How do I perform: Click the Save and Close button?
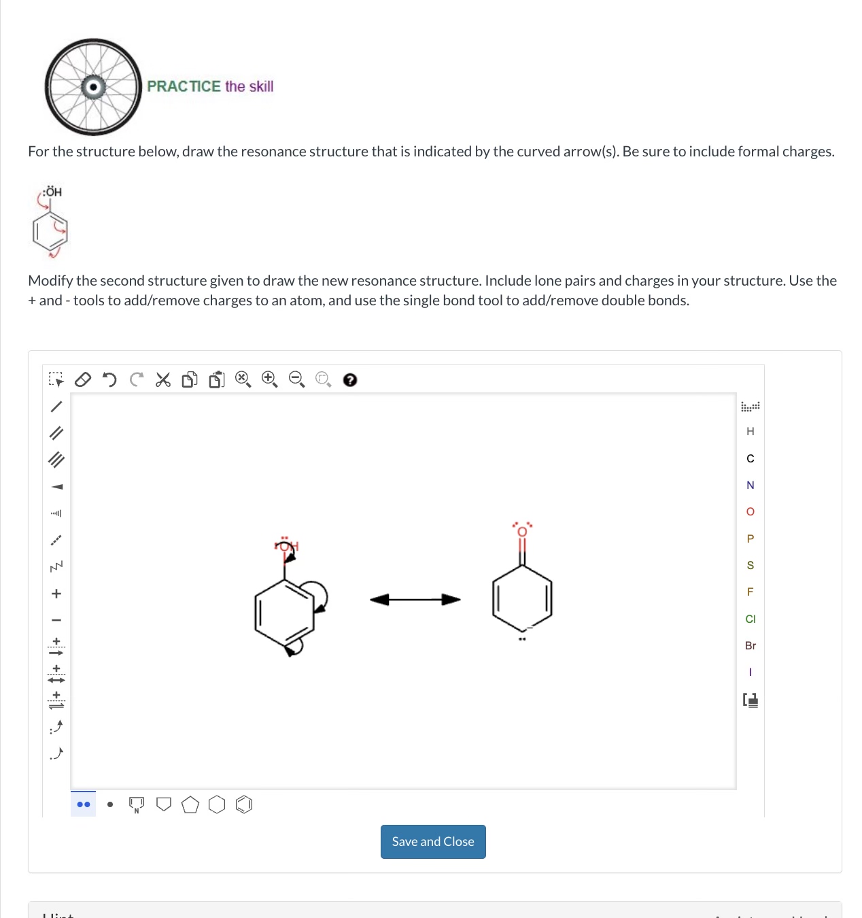[433, 842]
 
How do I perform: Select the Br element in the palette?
[751, 645]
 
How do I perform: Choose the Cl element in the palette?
[751, 619]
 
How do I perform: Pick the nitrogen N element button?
[751, 485]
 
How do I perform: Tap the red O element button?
[751, 511]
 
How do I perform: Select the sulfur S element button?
[751, 565]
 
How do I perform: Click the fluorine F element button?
[751, 592]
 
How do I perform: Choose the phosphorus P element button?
[751, 539]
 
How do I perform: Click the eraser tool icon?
[82, 379]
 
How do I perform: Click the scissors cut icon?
[163, 379]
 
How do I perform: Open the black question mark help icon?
[350, 380]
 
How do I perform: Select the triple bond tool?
[56, 460]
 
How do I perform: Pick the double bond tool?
[56, 433]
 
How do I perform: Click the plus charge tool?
[56, 594]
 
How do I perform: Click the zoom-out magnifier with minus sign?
[297, 379]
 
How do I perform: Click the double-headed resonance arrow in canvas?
[415, 599]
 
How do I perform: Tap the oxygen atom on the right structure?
[522, 531]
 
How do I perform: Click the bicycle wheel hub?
[93, 87]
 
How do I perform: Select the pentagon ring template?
[190, 805]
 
